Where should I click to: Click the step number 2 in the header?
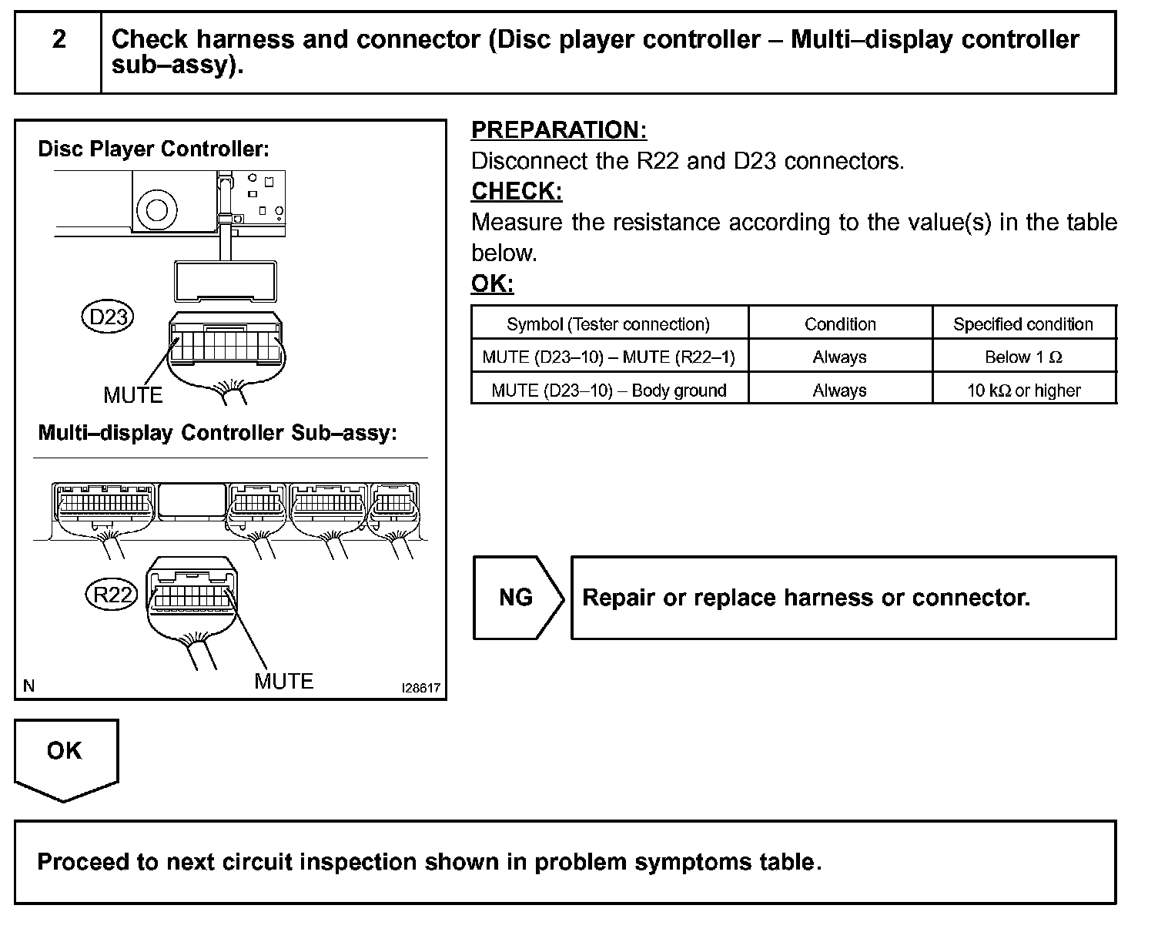point(59,39)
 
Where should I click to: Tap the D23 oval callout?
point(108,317)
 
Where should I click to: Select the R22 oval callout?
point(112,595)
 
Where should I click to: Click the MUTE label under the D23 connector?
point(133,395)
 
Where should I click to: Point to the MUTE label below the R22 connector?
point(283,681)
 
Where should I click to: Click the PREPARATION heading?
point(559,130)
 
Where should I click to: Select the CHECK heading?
point(517,191)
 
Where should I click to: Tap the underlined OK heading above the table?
point(492,283)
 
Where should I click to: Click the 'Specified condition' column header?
point(1023,324)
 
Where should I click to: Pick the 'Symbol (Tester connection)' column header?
point(608,324)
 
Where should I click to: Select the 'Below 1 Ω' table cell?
point(1023,357)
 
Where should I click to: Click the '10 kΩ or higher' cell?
point(1023,391)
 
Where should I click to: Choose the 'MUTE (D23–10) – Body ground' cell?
point(608,391)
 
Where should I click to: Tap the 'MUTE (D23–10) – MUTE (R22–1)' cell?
point(608,357)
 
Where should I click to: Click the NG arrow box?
point(516,598)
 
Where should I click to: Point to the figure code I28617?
point(421,687)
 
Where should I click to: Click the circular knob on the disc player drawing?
point(156,208)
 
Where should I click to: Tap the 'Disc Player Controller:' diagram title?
point(153,149)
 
